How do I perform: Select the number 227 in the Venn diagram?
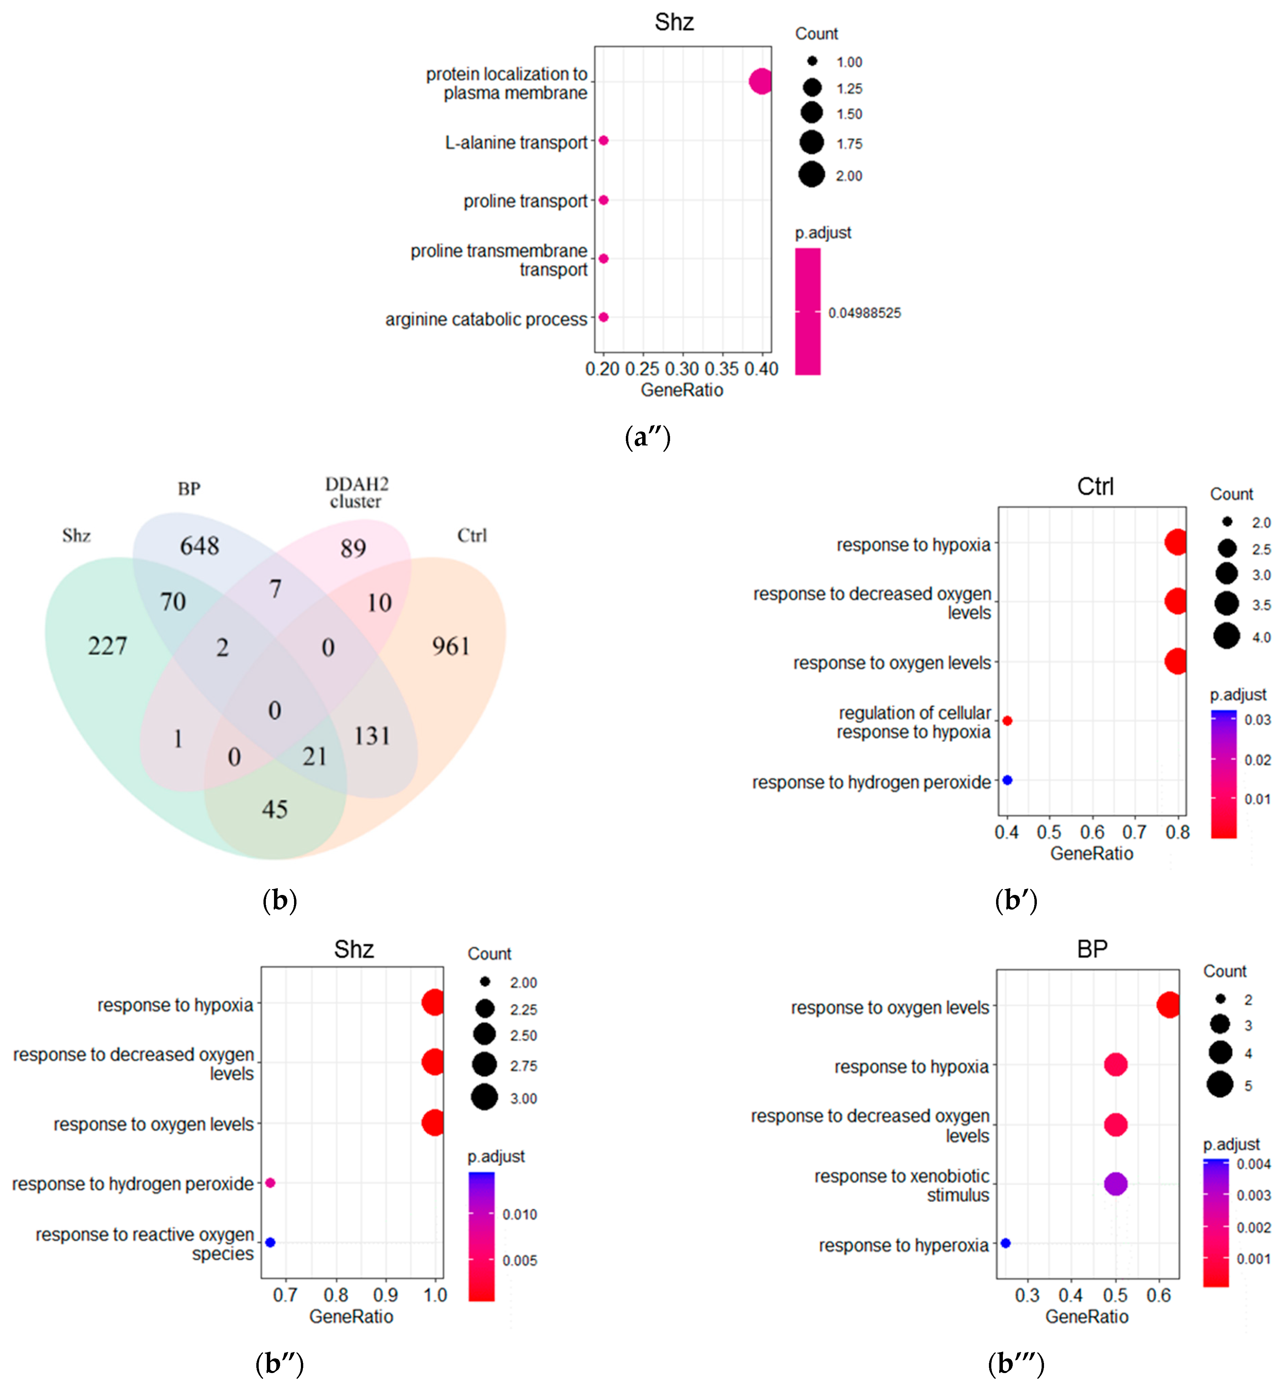pos(108,646)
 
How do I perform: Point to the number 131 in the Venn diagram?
pos(372,736)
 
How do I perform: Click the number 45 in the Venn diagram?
pos(275,809)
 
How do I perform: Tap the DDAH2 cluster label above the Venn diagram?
pos(356,492)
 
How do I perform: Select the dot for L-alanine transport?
pos(603,140)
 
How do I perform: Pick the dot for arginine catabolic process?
pos(603,317)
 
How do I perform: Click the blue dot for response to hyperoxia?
pos(1005,1243)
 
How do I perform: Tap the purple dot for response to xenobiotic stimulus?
pos(1115,1184)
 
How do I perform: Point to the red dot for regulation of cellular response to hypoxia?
pos(1007,721)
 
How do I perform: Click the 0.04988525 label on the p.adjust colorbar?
pos(865,313)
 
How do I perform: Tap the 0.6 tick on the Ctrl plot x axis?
pos(1092,832)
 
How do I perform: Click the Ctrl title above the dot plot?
pos(1095,487)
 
